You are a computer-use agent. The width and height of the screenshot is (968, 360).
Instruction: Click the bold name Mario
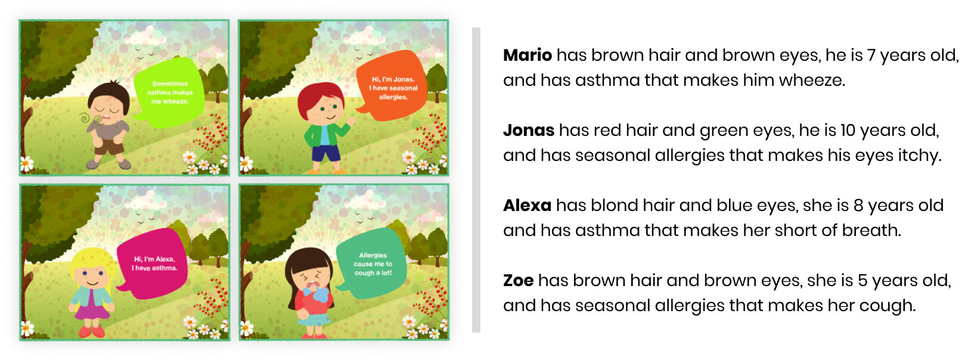(x=527, y=55)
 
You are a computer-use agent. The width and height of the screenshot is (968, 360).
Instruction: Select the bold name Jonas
(x=529, y=131)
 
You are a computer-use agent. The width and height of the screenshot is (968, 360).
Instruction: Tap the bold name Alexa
(x=527, y=205)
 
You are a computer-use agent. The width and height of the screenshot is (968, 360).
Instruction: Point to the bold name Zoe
(x=518, y=281)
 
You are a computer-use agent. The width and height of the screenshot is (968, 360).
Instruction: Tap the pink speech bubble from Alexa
(x=153, y=263)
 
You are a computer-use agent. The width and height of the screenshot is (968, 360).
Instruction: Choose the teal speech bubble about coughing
(x=372, y=263)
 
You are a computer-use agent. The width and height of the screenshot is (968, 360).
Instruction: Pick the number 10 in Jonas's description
(x=848, y=131)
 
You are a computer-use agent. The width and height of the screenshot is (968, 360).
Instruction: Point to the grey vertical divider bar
(x=476, y=180)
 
